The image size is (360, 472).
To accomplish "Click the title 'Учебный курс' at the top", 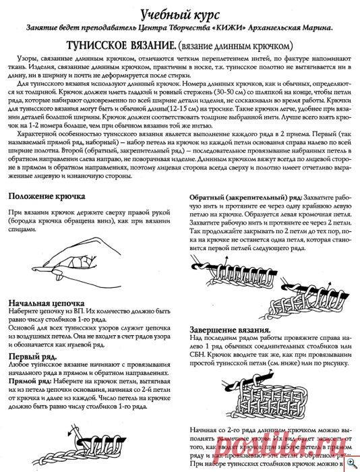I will pos(180,13).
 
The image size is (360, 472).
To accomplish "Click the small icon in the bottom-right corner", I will pos(353,465).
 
